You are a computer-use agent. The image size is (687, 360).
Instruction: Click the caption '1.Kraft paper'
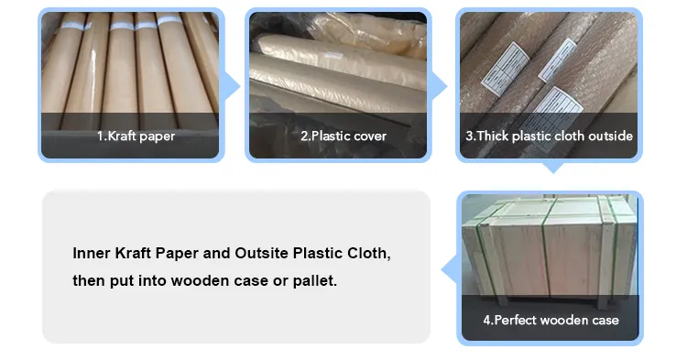pyautogui.click(x=136, y=136)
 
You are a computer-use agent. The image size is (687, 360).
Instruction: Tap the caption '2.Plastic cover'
pyautogui.click(x=343, y=136)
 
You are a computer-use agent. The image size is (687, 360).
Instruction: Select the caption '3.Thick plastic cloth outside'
pyautogui.click(x=550, y=136)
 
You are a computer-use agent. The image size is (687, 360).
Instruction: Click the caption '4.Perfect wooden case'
pyautogui.click(x=551, y=321)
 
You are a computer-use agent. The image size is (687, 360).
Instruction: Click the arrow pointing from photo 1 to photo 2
pyautogui.click(x=233, y=86)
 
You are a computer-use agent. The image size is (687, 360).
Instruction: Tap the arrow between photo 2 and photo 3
pyautogui.click(x=440, y=86)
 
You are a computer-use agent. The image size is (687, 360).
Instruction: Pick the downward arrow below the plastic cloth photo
pyautogui.click(x=551, y=169)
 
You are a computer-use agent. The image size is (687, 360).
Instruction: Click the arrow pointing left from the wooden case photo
pyautogui.click(x=448, y=268)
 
